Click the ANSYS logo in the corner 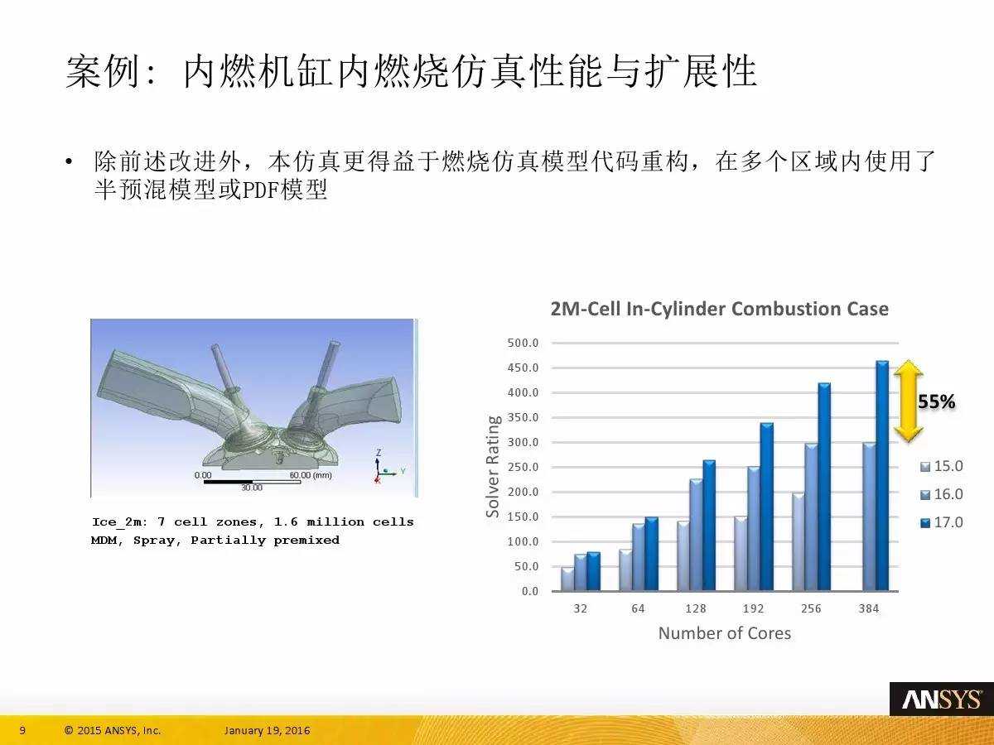(942, 699)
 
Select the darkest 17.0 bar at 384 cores (882, 475)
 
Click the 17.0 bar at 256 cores (824, 487)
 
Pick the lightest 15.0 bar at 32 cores (567, 579)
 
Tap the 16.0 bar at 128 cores (696, 535)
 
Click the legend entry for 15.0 (942, 466)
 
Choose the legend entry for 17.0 (942, 522)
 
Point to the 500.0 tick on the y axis (523, 343)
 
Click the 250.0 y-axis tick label (523, 467)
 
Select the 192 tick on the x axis (753, 609)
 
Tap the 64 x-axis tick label (638, 609)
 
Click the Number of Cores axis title (725, 633)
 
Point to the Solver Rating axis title (493, 466)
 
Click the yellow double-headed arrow (908, 401)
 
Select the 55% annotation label (937, 401)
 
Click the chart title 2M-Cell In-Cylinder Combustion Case (720, 309)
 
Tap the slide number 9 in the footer (22, 730)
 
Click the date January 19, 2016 (268, 730)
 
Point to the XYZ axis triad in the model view (386, 467)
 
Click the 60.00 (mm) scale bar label (311, 475)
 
